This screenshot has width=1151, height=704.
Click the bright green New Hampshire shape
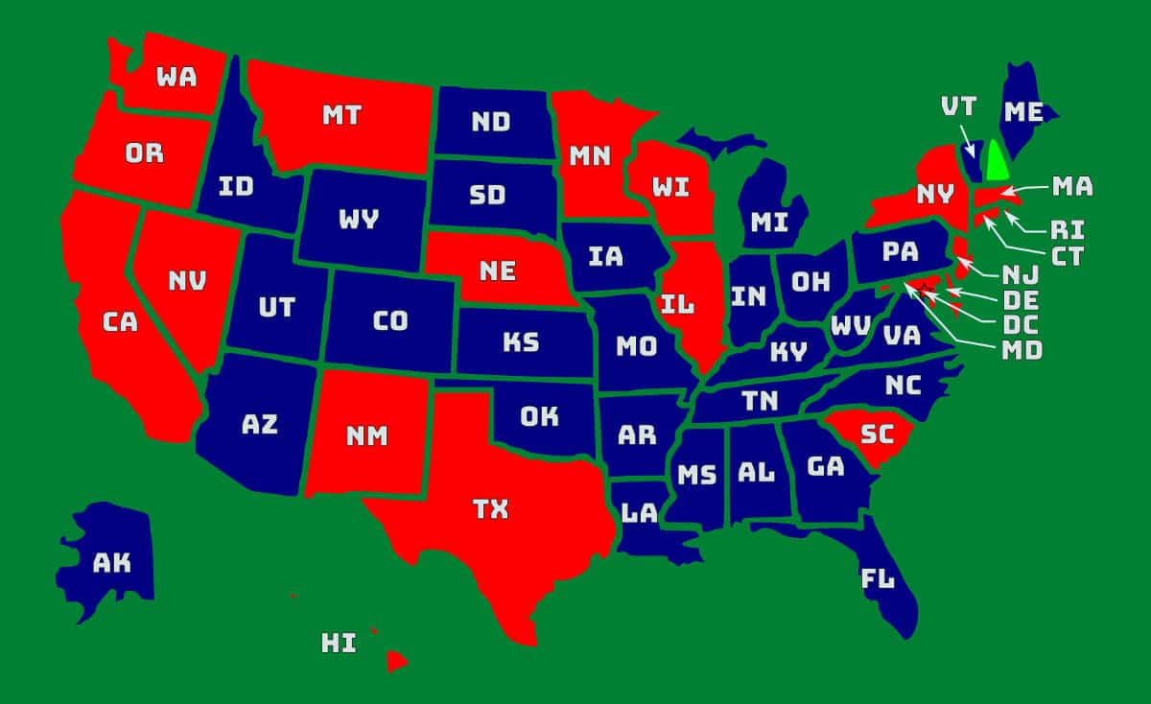click(998, 161)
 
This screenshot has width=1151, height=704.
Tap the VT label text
click(960, 106)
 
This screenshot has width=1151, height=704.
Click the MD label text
click(1022, 349)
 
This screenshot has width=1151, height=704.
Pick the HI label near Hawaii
click(339, 643)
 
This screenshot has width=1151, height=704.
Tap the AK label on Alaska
click(111, 563)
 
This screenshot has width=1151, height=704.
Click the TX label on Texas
click(490, 509)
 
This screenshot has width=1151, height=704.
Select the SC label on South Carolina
click(876, 433)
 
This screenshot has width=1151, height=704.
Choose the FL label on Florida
click(878, 579)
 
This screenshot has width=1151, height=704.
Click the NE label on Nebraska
click(498, 271)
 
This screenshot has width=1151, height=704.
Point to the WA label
click(176, 76)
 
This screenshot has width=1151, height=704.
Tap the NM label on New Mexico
click(367, 436)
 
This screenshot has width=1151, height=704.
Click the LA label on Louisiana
click(640, 513)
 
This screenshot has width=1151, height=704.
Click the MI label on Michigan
click(769, 223)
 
